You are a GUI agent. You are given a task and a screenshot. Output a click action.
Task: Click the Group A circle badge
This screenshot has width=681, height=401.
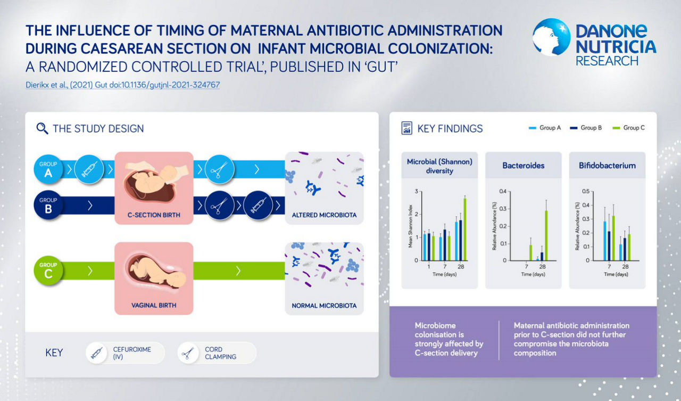pos(48,169)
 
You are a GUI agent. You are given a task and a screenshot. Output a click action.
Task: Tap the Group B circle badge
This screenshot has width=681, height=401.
pos(48,205)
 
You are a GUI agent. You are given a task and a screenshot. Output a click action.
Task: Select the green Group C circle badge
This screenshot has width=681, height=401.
pos(48,271)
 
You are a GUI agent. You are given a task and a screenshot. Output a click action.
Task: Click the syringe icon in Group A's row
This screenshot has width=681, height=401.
pos(89,169)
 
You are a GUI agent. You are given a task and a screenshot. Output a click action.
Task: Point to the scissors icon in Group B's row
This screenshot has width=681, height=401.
pos(220,206)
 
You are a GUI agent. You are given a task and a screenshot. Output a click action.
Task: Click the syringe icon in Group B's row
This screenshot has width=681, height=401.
pos(259,206)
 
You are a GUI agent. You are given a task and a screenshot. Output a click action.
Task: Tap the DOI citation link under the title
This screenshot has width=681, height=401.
pos(122,85)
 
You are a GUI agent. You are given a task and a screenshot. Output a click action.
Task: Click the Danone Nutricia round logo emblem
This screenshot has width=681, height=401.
pos(551,37)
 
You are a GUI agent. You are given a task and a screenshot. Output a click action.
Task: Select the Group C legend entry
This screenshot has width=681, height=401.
pos(628,128)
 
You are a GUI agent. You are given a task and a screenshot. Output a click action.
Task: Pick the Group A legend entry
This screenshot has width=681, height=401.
pos(545,128)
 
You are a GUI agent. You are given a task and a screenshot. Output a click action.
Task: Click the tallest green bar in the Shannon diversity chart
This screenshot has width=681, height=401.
pos(465,230)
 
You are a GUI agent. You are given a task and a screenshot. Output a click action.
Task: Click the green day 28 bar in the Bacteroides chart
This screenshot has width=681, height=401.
pos(546,235)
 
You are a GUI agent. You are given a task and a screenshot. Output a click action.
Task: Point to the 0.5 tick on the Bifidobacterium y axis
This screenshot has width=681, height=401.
pos(586,191)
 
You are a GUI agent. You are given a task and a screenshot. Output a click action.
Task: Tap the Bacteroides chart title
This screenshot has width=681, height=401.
pos(523,166)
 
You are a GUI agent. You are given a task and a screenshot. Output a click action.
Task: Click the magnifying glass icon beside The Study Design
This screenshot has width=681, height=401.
pos(42,128)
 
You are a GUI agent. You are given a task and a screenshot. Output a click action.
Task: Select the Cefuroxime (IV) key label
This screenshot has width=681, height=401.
pos(132,353)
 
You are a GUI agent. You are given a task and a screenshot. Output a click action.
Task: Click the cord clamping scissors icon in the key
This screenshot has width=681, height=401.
pos(188,353)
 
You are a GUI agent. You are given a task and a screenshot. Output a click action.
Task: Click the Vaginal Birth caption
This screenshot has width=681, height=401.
pos(154,305)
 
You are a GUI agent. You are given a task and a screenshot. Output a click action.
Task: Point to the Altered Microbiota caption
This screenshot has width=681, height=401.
pos(324,215)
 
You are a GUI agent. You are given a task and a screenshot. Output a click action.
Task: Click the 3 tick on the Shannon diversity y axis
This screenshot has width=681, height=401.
pos(416,191)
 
